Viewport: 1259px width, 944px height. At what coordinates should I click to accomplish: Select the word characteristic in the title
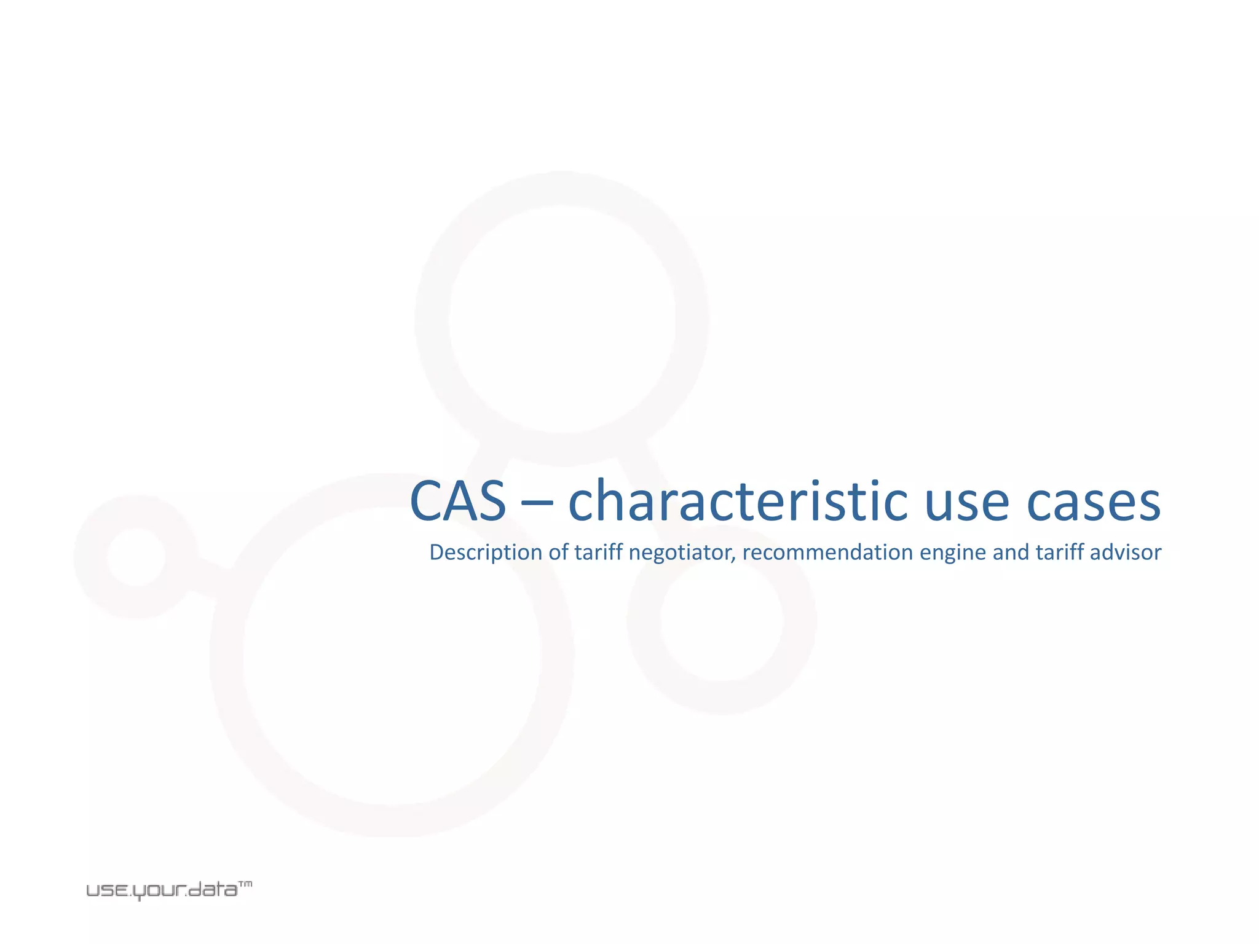tap(738, 501)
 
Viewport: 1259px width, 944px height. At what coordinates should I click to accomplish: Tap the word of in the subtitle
tap(559, 553)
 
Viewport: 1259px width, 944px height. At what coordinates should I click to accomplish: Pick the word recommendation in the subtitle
tap(827, 553)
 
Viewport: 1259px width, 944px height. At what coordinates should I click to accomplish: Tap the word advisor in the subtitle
tap(1126, 553)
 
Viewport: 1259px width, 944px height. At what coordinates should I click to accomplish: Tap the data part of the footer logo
tap(213, 890)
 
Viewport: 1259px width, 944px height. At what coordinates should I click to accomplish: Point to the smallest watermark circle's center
tap(136, 557)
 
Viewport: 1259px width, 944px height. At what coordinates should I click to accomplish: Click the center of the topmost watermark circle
tap(562, 319)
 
